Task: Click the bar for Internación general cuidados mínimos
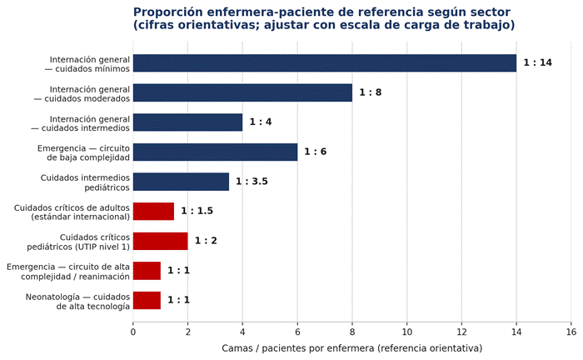pos(325,62)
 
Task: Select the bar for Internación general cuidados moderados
pos(242,92)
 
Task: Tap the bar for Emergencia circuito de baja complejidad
pos(215,152)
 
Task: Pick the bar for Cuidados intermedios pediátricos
pos(181,182)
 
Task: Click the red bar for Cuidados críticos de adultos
pos(153,211)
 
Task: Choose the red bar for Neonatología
pos(147,300)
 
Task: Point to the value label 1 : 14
pos(538,62)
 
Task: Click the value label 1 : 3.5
pos(252,181)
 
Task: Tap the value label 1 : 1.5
pos(197,211)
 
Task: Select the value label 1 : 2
pos(206,241)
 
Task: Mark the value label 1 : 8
pos(371,92)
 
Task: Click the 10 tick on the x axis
pos(406,332)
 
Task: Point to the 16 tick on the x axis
pos(571,332)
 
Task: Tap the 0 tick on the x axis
pos(133,332)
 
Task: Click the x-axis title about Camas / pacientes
pos(351,348)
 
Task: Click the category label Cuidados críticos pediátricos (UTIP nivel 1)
pos(78,242)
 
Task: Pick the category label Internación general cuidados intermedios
pos(80,123)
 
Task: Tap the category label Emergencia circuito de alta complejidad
pos(68,272)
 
